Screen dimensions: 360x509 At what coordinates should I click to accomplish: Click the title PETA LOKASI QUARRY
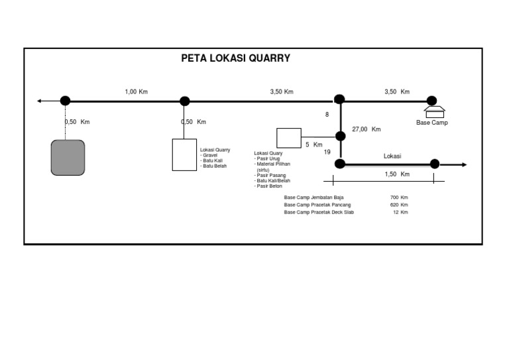click(236, 58)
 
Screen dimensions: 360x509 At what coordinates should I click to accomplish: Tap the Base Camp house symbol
click(436, 111)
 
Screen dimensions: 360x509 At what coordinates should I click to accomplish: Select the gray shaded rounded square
click(68, 157)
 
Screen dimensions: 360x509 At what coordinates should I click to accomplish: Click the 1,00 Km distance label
click(136, 92)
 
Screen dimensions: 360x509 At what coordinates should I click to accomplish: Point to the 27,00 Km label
click(367, 129)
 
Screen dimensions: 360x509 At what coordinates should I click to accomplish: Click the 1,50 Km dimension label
click(396, 174)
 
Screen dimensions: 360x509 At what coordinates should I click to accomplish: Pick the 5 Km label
click(313, 145)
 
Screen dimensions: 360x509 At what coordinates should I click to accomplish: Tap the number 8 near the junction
click(327, 115)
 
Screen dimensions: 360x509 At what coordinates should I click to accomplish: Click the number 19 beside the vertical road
click(327, 152)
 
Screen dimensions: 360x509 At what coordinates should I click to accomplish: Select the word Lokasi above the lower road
click(393, 156)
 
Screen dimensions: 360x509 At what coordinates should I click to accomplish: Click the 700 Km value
click(399, 198)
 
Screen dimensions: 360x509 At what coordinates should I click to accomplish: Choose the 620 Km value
click(399, 205)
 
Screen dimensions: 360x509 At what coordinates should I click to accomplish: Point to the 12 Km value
click(400, 212)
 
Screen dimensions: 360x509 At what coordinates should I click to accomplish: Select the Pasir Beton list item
click(270, 186)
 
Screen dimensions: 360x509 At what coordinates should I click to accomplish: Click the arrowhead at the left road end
click(40, 101)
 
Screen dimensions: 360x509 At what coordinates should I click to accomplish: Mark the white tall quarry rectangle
click(184, 154)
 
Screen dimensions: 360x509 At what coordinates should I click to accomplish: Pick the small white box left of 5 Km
click(288, 138)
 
